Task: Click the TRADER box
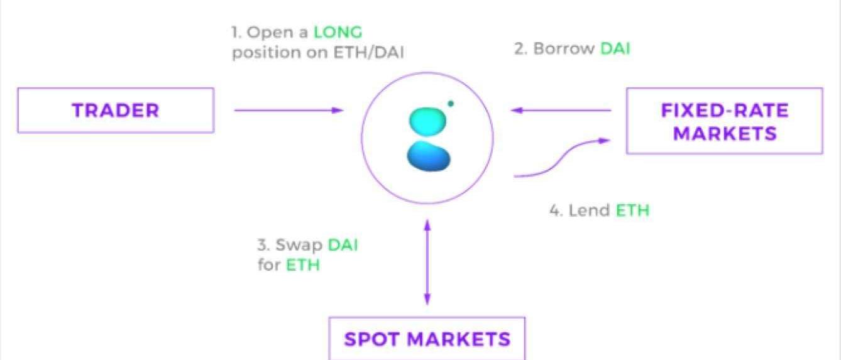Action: click(x=116, y=111)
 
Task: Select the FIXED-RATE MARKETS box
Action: click(x=724, y=121)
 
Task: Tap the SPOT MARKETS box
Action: click(x=427, y=339)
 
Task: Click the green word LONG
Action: click(x=338, y=32)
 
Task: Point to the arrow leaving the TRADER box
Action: click(x=289, y=111)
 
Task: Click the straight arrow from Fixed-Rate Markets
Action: click(x=561, y=111)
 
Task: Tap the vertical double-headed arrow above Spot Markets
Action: click(x=427, y=262)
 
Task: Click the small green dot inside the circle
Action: click(x=451, y=103)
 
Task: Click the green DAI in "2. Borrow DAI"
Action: click(x=615, y=48)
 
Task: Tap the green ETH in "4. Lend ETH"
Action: click(x=632, y=210)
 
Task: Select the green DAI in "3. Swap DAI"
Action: click(x=343, y=244)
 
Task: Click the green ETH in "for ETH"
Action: click(x=303, y=265)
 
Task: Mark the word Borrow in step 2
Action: click(x=564, y=48)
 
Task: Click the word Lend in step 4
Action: click(x=589, y=210)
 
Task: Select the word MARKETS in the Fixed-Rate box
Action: click(x=724, y=133)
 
